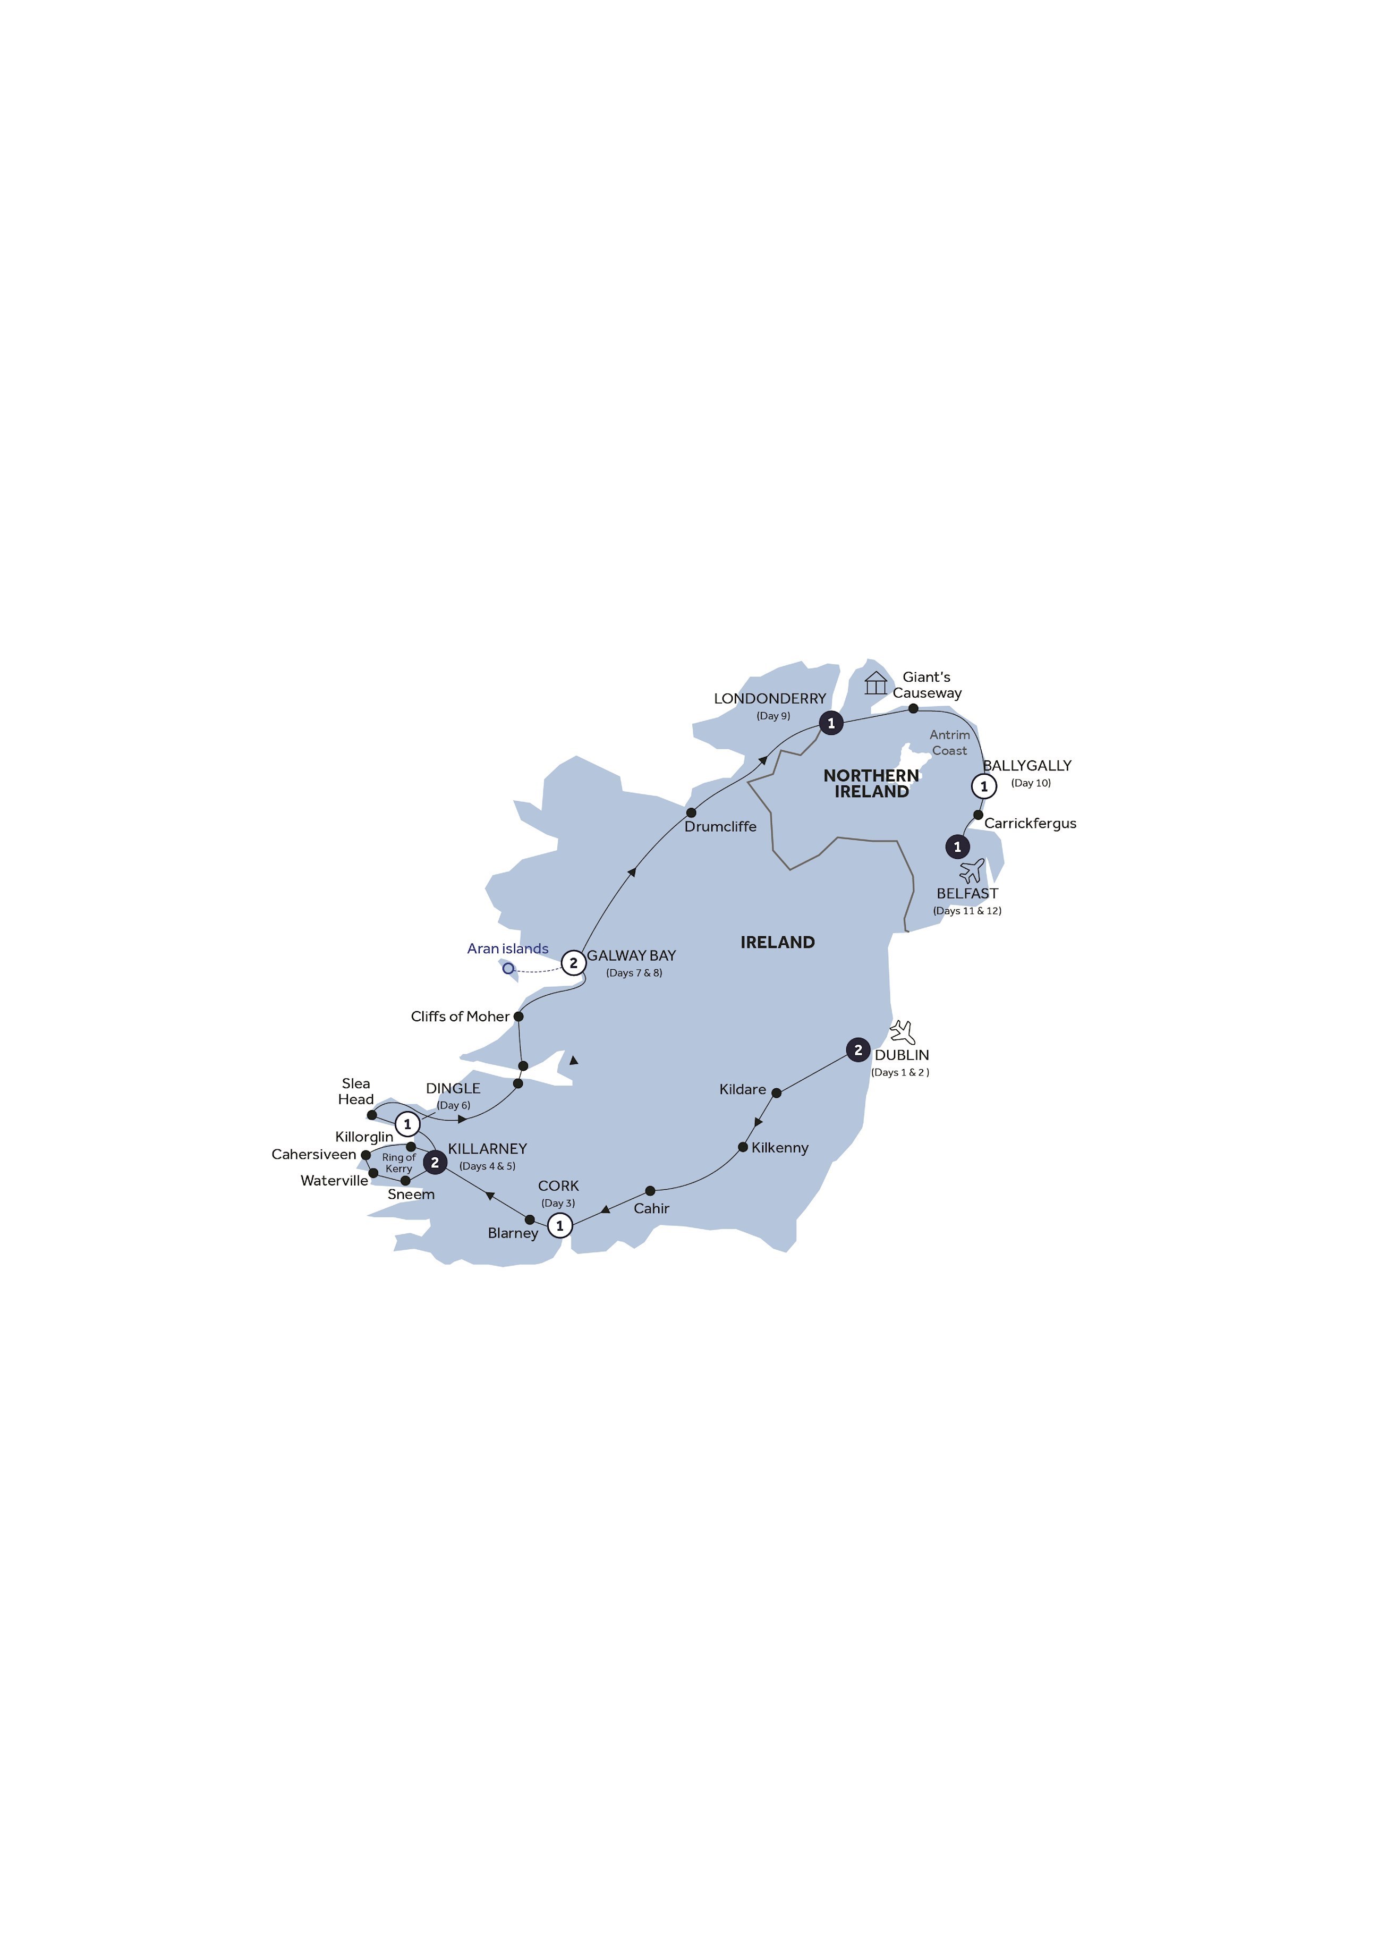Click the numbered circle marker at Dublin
pyautogui.click(x=858, y=1051)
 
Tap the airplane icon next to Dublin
pyautogui.click(x=903, y=1032)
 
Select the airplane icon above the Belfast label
pyautogui.click(x=972, y=871)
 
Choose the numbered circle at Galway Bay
pyautogui.click(x=574, y=963)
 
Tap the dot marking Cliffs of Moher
pyautogui.click(x=518, y=1017)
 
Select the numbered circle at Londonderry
pyautogui.click(x=831, y=723)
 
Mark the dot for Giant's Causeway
pyautogui.click(x=913, y=708)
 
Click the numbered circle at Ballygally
pyautogui.click(x=984, y=786)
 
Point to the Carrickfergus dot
pyautogui.click(x=977, y=815)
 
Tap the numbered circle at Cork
pyautogui.click(x=559, y=1225)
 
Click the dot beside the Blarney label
pyautogui.click(x=530, y=1220)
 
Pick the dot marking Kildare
pyautogui.click(x=776, y=1093)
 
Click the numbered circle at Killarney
pyautogui.click(x=435, y=1162)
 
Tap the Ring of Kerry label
pyautogui.click(x=399, y=1163)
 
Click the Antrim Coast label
pyautogui.click(x=949, y=742)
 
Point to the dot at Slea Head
pyautogui.click(x=372, y=1115)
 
